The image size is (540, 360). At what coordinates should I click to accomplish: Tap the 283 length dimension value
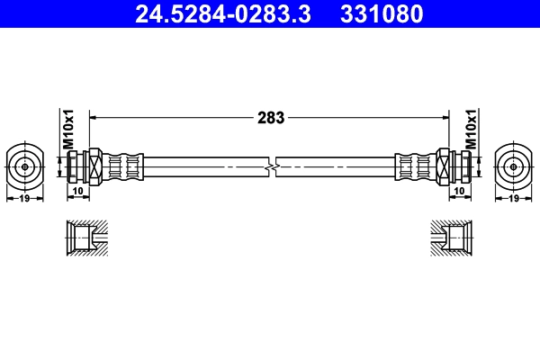coord(271,117)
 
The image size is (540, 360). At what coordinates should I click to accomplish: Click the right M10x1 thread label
coord(470,129)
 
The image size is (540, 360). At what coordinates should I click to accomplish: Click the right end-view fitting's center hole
coord(516,166)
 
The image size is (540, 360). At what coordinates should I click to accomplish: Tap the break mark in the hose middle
coord(271,166)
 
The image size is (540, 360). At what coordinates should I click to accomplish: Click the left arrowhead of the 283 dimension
coord(94,117)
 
